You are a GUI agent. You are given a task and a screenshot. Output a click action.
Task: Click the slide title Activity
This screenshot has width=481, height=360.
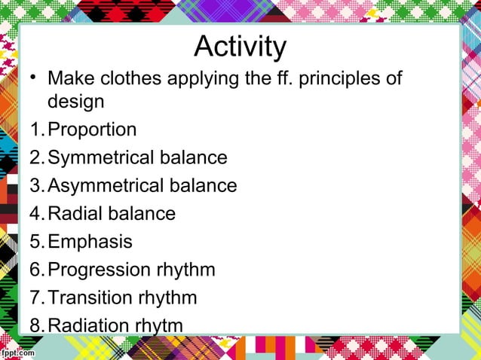pyautogui.click(x=240, y=47)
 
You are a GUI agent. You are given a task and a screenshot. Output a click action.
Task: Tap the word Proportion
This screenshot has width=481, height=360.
pyautogui.click(x=92, y=130)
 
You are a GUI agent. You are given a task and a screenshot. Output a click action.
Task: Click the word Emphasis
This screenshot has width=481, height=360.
pyautogui.click(x=90, y=242)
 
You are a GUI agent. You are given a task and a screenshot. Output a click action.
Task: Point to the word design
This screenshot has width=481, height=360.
pyautogui.click(x=75, y=102)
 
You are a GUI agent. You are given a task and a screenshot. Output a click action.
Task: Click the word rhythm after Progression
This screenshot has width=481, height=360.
pyautogui.click(x=185, y=270)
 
